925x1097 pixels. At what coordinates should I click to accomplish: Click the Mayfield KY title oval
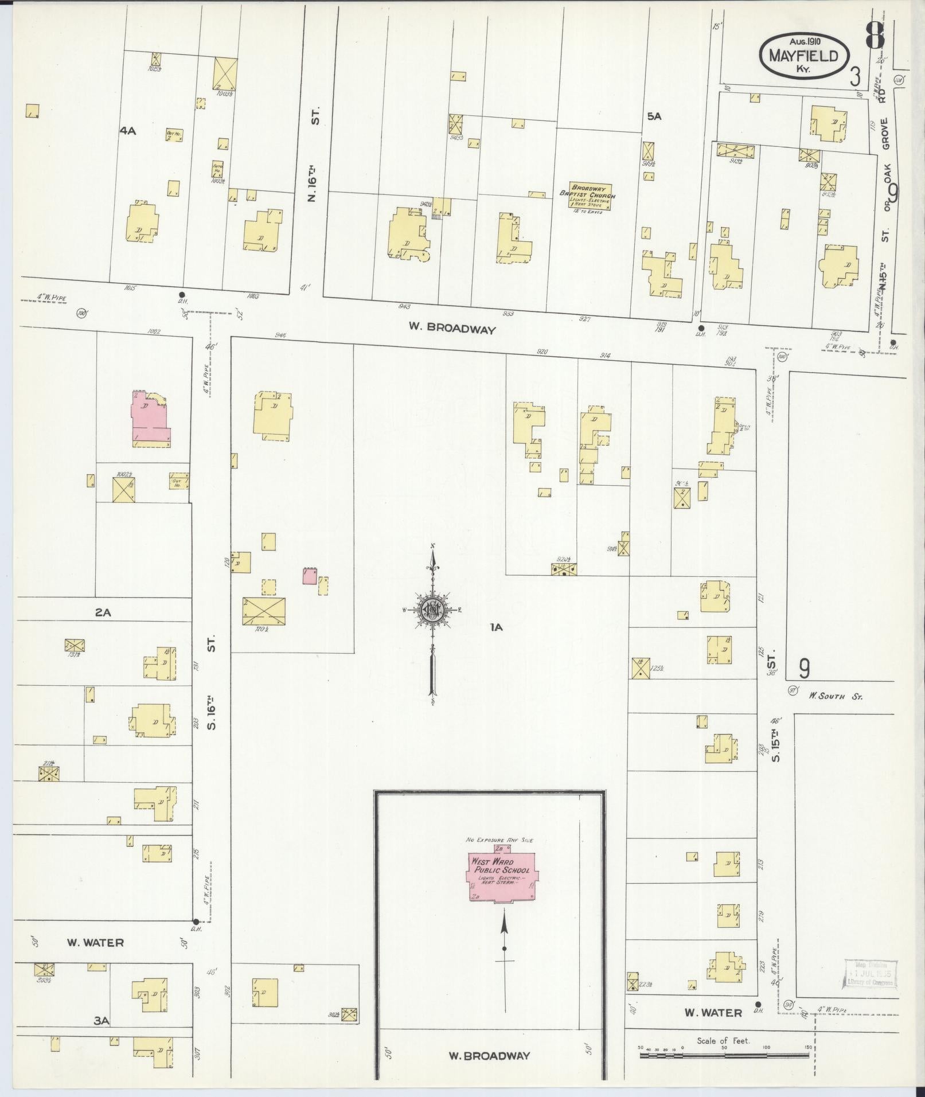[805, 56]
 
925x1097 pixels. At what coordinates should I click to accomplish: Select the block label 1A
[496, 627]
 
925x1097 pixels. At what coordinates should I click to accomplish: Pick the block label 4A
[127, 131]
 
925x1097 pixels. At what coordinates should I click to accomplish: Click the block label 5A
[654, 116]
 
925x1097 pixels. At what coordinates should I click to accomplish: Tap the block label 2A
[103, 612]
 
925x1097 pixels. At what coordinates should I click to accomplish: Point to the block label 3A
[102, 1020]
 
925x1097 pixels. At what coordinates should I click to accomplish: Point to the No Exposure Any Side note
[499, 840]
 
